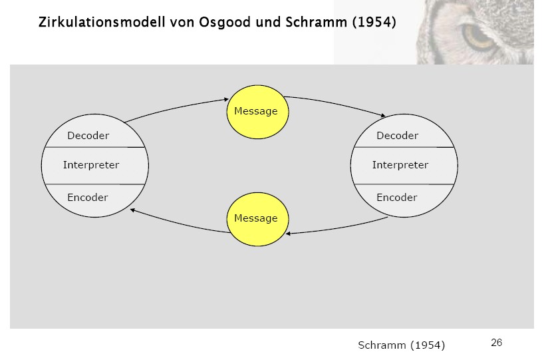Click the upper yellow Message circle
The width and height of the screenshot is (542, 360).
[x=256, y=111]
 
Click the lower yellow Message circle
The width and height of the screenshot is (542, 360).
[x=255, y=218]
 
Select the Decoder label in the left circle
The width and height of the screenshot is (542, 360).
[x=88, y=136]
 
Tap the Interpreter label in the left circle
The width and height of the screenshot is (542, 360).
[x=91, y=165]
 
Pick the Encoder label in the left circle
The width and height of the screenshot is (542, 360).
[x=87, y=198]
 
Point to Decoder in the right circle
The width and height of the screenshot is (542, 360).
[x=397, y=136]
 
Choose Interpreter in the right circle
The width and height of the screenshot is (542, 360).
[x=400, y=165]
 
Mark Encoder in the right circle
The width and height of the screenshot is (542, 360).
[x=396, y=198]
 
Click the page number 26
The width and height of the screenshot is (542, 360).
[x=496, y=343]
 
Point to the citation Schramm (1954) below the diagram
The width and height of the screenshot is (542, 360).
[x=401, y=345]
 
